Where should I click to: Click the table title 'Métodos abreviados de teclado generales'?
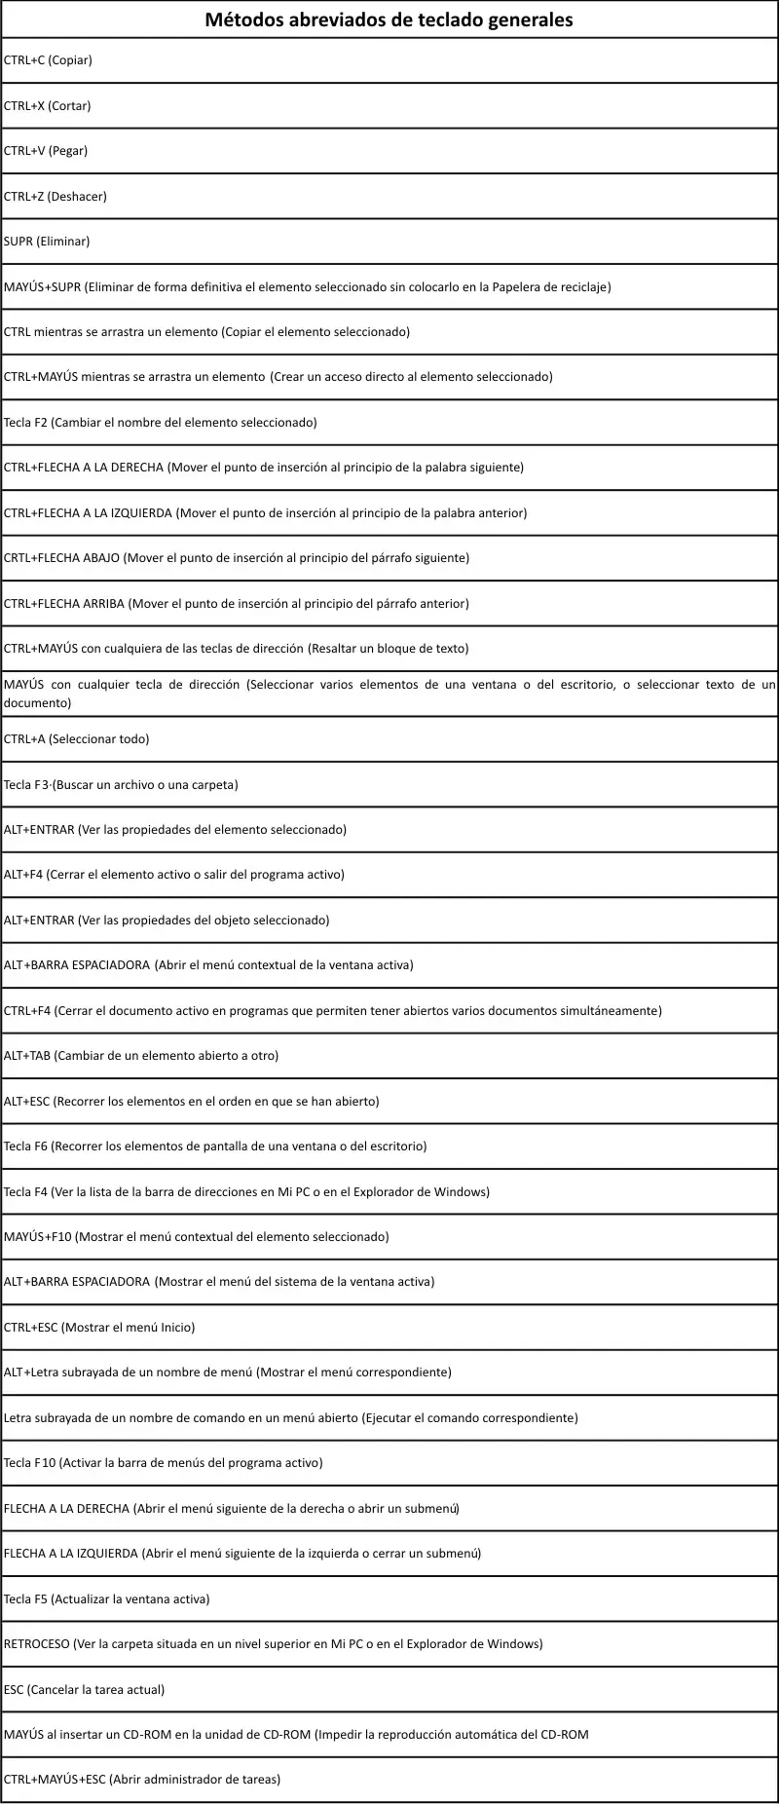point(389,19)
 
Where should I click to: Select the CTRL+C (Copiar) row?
point(48,60)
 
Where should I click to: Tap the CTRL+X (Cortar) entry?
point(48,106)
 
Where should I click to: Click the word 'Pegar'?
point(68,151)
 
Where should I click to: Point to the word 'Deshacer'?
point(77,197)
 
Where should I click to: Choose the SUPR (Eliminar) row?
point(47,242)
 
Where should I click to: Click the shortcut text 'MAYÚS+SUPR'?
point(42,287)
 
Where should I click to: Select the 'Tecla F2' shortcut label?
point(25,423)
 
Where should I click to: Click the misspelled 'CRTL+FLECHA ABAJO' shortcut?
point(62,558)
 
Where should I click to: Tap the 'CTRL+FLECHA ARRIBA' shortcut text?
point(64,604)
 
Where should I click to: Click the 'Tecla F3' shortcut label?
point(25,785)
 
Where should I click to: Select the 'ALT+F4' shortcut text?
point(23,875)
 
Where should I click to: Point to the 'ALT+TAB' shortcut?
point(26,1056)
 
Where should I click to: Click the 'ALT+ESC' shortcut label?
point(26,1102)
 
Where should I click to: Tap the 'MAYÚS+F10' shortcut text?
point(37,1237)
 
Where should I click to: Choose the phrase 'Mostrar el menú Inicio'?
point(128,1328)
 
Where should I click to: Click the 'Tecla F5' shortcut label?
point(25,1599)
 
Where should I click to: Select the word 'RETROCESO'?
point(37,1644)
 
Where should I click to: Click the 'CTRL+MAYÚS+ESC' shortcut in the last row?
point(55,1780)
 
